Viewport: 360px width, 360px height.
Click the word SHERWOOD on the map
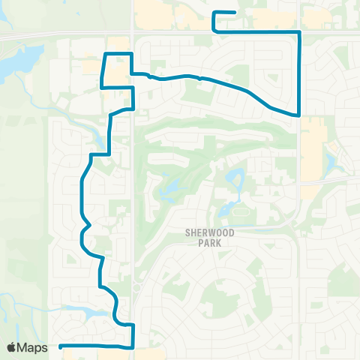point(210,233)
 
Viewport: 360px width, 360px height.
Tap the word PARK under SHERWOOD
point(210,244)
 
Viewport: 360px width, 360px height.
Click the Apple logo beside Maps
point(13,347)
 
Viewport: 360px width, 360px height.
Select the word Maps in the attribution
point(33,347)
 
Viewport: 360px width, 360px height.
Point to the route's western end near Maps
point(59,346)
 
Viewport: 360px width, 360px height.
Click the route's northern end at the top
point(235,13)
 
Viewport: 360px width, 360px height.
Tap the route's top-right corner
point(300,31)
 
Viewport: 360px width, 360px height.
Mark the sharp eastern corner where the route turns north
point(300,115)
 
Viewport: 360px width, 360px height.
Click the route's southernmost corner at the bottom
point(133,348)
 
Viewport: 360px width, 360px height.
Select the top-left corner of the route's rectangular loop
point(103,53)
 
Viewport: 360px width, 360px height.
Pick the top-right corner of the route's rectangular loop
point(132,53)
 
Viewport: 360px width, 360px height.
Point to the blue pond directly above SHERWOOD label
point(235,179)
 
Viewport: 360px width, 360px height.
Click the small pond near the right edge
point(331,162)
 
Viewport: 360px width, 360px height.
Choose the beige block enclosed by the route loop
point(116,71)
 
